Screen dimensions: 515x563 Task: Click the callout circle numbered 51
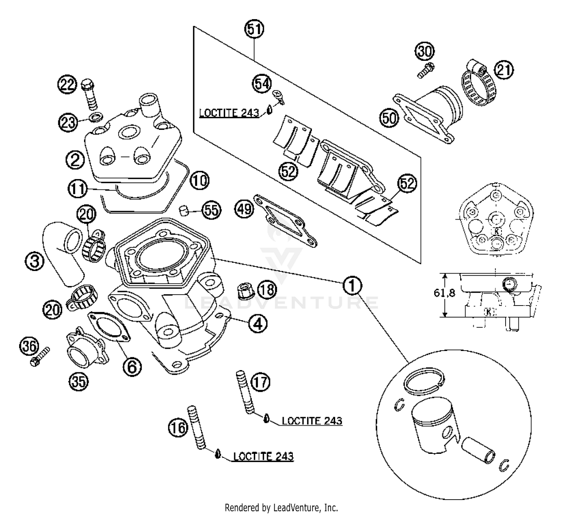coord(254,29)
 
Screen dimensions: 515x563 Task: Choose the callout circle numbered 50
coord(389,117)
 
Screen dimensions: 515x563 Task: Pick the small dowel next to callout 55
coord(184,210)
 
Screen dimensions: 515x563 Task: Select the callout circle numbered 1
coord(352,286)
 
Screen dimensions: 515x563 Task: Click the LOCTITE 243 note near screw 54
coord(229,113)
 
